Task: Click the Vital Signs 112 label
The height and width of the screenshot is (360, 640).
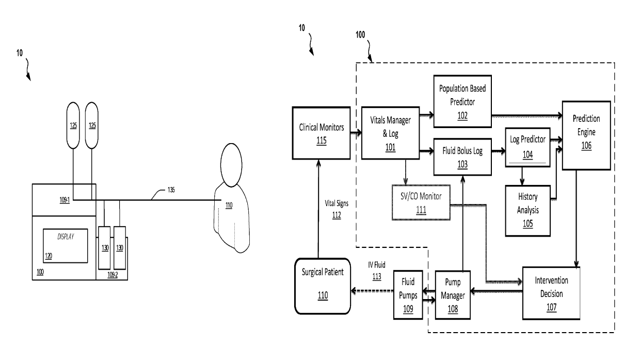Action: coord(337,209)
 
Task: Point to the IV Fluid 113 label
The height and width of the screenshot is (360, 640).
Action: coord(377,271)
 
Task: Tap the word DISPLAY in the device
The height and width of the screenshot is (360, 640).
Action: coord(66,237)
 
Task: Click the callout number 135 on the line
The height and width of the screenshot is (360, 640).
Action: coord(171,190)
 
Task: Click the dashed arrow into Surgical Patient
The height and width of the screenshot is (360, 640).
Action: coord(372,291)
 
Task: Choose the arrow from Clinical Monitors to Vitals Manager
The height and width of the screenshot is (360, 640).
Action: coord(356,133)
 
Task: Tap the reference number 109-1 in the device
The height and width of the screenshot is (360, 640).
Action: coord(65,200)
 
